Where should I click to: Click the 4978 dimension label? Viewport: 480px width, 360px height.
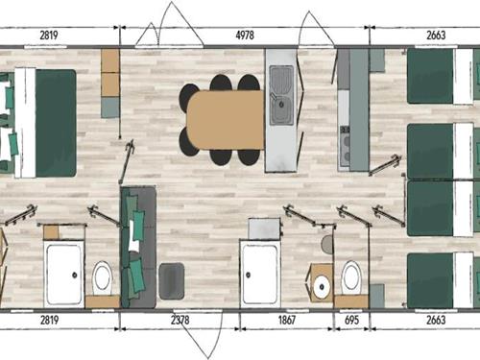pyautogui.click(x=245, y=35)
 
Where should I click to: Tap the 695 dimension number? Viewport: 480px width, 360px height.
pyautogui.click(x=351, y=320)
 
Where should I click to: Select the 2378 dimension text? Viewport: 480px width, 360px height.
pyautogui.click(x=180, y=320)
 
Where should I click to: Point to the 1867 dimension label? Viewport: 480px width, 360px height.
pyautogui.click(x=286, y=320)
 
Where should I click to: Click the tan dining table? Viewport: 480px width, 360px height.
pyautogui.click(x=226, y=120)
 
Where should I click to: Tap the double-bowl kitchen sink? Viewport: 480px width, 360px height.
pyautogui.click(x=281, y=95)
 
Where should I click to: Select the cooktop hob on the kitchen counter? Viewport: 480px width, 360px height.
pyautogui.click(x=345, y=147)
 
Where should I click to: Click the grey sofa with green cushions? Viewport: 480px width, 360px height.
pyautogui.click(x=138, y=248)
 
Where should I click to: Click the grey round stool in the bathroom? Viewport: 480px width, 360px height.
pyautogui.click(x=326, y=244)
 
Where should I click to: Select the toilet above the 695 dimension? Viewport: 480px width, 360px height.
pyautogui.click(x=351, y=277)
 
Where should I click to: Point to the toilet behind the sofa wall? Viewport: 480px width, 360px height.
pyautogui.click(x=102, y=278)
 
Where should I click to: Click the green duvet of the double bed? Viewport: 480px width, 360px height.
pyautogui.click(x=56, y=123)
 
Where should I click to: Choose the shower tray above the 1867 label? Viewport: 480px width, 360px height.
pyautogui.click(x=260, y=275)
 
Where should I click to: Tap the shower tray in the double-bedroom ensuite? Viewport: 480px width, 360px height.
pyautogui.click(x=64, y=275)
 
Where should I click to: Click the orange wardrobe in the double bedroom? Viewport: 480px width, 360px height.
pyautogui.click(x=110, y=73)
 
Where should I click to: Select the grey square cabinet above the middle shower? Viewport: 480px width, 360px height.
pyautogui.click(x=264, y=228)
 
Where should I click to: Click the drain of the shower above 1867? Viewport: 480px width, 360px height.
pyautogui.click(x=248, y=275)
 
